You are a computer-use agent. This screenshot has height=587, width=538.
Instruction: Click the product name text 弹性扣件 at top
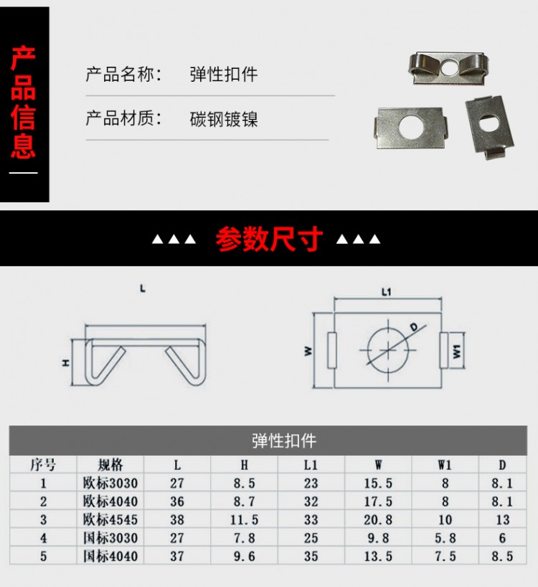223,74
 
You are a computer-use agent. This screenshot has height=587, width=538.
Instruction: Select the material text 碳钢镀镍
223,118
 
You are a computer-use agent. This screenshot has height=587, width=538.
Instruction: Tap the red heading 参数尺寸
269,240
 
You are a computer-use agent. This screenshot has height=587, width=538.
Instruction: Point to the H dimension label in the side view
65,363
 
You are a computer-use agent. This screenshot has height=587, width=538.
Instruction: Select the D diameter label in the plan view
415,327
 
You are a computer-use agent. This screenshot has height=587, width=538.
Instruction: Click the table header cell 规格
110,464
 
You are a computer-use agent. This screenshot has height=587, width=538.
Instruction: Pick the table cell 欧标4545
110,519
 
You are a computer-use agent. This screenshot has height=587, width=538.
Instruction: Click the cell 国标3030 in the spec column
110,537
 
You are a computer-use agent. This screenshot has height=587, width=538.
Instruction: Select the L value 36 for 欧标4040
177,502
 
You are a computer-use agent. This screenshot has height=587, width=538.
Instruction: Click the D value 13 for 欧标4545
502,519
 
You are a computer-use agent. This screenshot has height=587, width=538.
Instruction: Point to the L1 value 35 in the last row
311,555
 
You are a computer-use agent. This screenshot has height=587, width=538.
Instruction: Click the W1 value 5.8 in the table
445,537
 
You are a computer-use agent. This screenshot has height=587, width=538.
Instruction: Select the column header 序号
43,464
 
